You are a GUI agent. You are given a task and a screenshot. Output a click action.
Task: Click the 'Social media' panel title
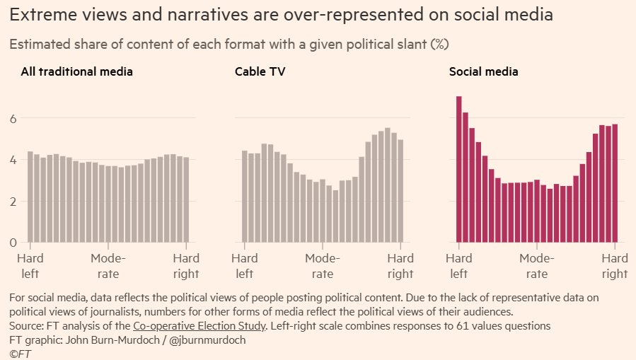tap(484, 71)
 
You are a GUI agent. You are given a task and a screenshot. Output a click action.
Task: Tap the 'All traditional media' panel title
tap(76, 71)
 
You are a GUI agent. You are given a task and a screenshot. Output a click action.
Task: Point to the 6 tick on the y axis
tap(12, 119)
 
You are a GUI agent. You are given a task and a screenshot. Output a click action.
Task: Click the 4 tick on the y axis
tap(12, 160)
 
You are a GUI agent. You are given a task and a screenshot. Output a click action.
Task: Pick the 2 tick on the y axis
tap(12, 202)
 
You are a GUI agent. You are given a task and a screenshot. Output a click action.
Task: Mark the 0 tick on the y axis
tap(12, 243)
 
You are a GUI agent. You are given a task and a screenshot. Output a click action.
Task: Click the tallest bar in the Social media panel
tap(459, 170)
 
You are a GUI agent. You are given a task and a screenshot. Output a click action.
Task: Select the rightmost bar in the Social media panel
tap(615, 184)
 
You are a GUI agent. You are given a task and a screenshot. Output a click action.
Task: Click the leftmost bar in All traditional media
tap(30, 197)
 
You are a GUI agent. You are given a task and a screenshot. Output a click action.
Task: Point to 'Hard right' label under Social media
tap(615, 266)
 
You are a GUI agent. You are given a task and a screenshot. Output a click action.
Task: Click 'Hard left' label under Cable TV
tap(245, 266)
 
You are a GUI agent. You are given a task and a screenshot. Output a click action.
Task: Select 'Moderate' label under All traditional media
tap(108, 266)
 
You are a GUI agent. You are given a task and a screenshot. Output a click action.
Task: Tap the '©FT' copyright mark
tap(21, 354)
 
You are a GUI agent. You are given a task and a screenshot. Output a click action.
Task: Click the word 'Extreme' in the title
tap(41, 14)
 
